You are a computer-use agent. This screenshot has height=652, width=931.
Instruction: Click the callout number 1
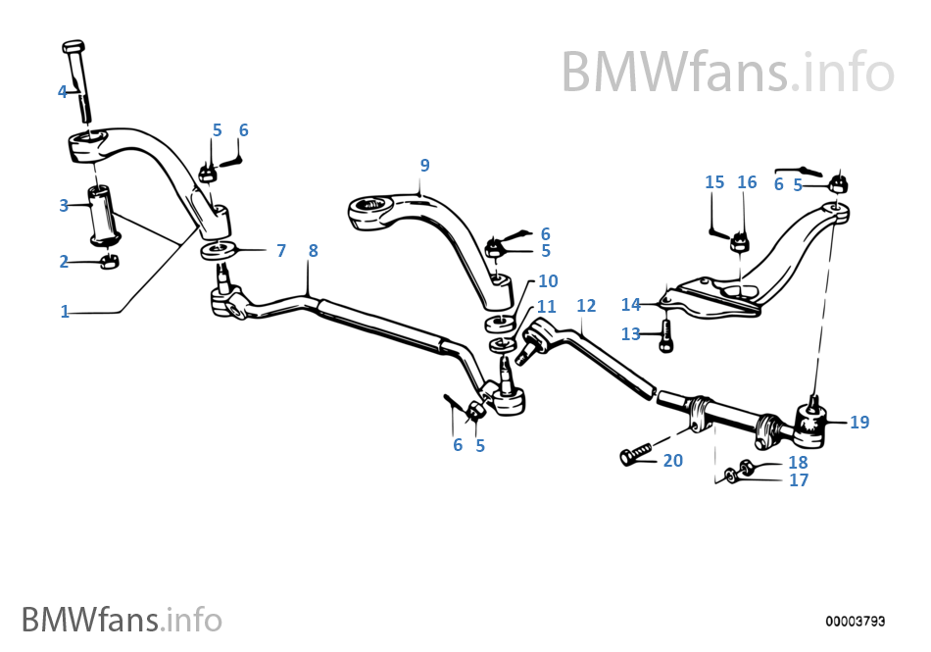(65, 311)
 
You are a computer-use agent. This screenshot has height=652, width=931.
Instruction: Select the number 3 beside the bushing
(64, 206)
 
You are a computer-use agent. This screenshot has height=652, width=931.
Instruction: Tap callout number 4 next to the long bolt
(63, 91)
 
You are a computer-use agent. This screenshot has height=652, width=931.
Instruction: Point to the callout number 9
(424, 165)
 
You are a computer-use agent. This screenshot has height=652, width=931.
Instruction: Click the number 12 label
(586, 305)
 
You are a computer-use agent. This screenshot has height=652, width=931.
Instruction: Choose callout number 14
(630, 305)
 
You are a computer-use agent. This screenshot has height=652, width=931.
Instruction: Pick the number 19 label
(859, 422)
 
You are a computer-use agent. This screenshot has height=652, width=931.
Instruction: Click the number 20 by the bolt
(672, 460)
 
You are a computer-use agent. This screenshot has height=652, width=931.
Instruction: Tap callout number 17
(799, 479)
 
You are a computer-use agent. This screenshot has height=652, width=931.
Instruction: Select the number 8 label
(313, 251)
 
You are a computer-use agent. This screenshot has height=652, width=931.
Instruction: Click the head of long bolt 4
(73, 46)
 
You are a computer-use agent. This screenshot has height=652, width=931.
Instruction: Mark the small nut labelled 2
(109, 261)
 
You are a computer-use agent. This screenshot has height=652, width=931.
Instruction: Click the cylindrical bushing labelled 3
(105, 215)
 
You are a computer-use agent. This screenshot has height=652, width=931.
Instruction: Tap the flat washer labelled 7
(219, 250)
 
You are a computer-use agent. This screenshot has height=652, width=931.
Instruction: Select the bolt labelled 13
(666, 335)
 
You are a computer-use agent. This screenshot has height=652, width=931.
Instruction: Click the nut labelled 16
(739, 241)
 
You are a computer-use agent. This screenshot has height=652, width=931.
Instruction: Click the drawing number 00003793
(855, 622)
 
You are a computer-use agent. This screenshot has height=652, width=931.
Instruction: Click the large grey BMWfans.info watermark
(727, 72)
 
